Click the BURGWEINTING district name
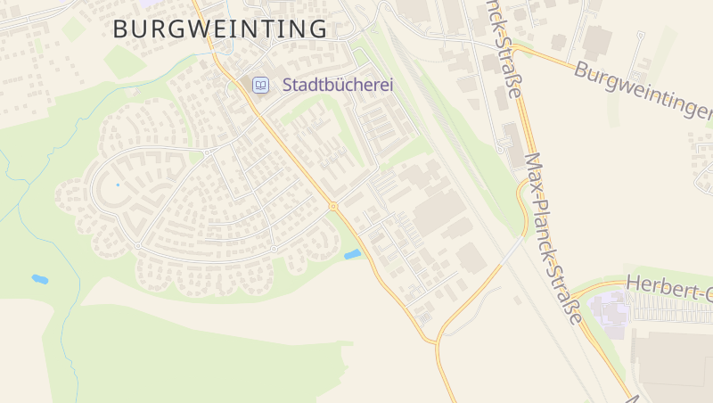[x=220, y=29]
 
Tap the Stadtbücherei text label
[x=338, y=86]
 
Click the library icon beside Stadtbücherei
[x=260, y=85]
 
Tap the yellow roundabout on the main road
[x=333, y=207]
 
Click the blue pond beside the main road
[x=353, y=255]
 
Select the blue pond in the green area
[x=39, y=279]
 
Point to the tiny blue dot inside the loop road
[x=117, y=185]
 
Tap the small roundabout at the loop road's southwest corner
[x=137, y=245]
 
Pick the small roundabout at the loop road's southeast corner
[x=274, y=248]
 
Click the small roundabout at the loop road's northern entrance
[x=207, y=152]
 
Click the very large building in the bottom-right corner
[x=673, y=366]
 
